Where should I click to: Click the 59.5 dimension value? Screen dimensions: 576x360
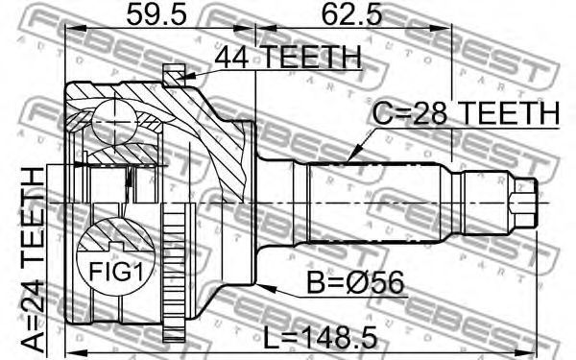click(156, 15)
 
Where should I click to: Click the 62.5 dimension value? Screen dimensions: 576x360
click(351, 15)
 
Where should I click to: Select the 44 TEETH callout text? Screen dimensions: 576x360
click(288, 57)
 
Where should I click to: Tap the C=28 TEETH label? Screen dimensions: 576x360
click(466, 112)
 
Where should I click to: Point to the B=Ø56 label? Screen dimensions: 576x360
click(355, 282)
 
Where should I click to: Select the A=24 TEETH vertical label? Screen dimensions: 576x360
click(33, 259)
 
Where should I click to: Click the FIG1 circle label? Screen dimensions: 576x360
click(116, 273)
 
